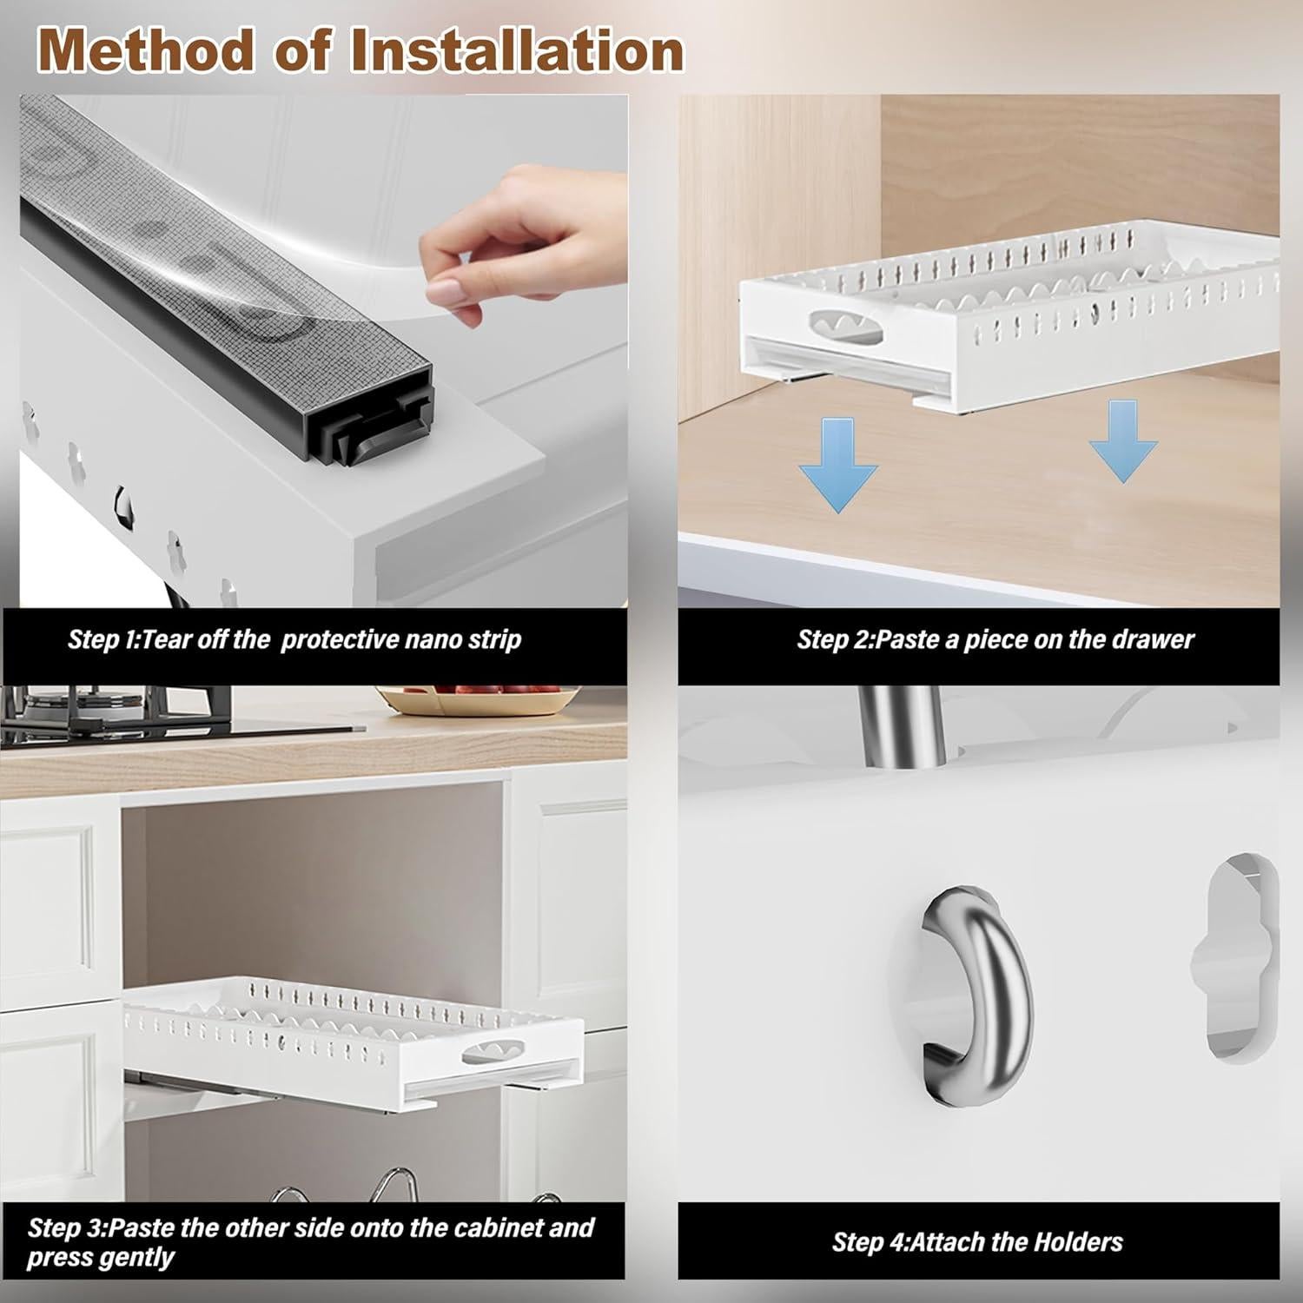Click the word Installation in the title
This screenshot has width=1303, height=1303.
click(518, 50)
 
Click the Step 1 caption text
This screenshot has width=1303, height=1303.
click(294, 640)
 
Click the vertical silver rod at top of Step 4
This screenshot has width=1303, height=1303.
click(895, 725)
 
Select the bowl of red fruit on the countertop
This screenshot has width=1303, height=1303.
click(478, 699)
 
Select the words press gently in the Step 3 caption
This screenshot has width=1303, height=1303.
click(101, 1258)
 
